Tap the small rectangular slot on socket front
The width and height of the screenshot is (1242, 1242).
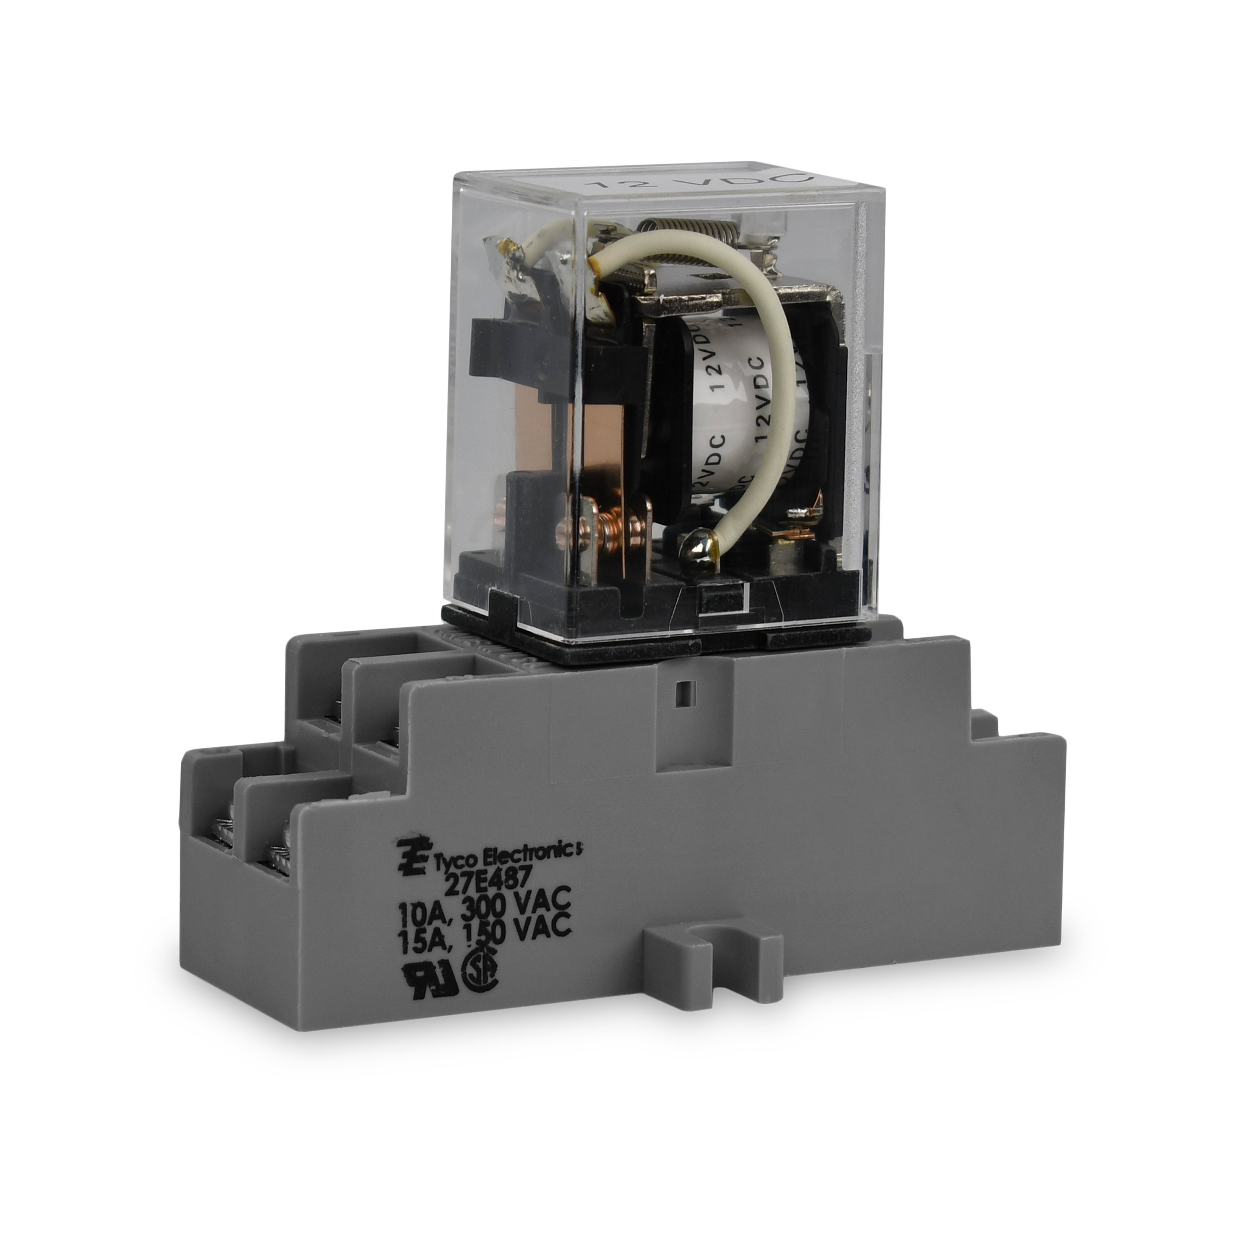(x=685, y=695)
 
